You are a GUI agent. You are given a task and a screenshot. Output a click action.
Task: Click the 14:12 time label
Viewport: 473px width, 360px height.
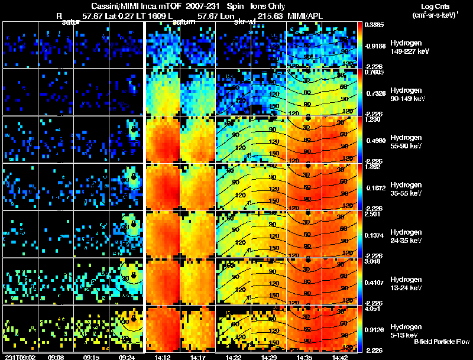pyautogui.click(x=162, y=357)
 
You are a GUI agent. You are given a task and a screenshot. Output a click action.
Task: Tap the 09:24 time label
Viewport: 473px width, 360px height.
pyautogui.click(x=127, y=357)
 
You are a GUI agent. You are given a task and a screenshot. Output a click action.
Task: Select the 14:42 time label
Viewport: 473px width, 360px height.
pyautogui.click(x=341, y=357)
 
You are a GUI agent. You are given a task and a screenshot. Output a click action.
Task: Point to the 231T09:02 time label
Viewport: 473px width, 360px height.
pyautogui.click(x=20, y=357)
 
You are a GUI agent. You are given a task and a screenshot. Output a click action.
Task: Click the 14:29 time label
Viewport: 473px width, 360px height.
pyautogui.click(x=269, y=357)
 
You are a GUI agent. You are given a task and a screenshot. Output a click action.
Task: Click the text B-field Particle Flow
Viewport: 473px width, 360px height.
pyautogui.click(x=442, y=342)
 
